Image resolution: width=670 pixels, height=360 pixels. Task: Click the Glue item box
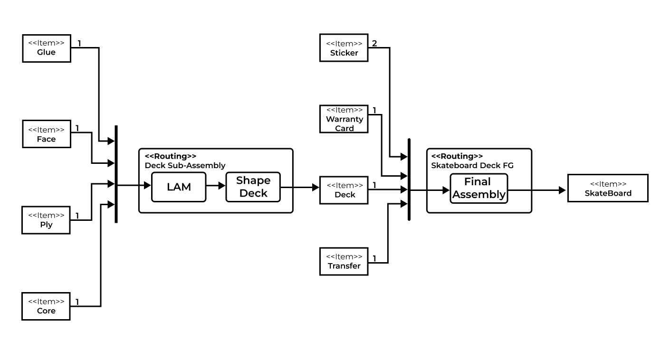click(47, 48)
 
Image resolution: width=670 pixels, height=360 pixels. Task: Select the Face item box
click(47, 134)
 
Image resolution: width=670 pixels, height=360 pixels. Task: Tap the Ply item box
click(46, 220)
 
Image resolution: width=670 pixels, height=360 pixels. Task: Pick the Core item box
click(46, 306)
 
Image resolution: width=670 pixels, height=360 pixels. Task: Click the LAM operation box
click(179, 187)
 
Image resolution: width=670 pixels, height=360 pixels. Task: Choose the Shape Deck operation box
click(253, 187)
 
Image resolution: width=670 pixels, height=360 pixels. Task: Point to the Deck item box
click(345, 190)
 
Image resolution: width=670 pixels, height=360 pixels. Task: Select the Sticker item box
click(344, 48)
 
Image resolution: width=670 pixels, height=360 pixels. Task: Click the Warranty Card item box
click(345, 119)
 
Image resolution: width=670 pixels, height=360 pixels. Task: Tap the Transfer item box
click(344, 261)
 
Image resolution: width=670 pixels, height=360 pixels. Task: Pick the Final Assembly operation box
click(479, 188)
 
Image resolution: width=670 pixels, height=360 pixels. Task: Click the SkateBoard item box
click(608, 188)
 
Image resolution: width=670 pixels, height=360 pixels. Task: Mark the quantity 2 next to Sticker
click(374, 44)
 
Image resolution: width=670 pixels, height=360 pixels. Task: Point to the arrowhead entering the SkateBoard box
click(562, 190)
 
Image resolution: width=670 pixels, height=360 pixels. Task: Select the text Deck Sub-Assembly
click(185, 165)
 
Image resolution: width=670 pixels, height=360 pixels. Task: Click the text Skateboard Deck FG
click(472, 165)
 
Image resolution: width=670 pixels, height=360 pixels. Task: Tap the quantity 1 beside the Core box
click(77, 302)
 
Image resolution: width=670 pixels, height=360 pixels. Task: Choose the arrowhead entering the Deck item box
click(316, 188)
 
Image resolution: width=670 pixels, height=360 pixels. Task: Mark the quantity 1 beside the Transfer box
click(374, 259)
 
